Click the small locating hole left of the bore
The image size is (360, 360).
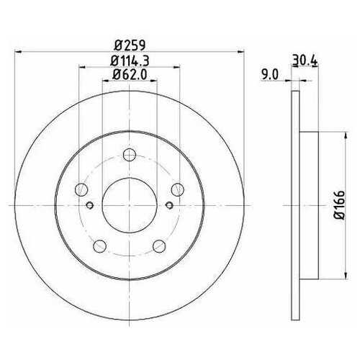click(90, 205)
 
